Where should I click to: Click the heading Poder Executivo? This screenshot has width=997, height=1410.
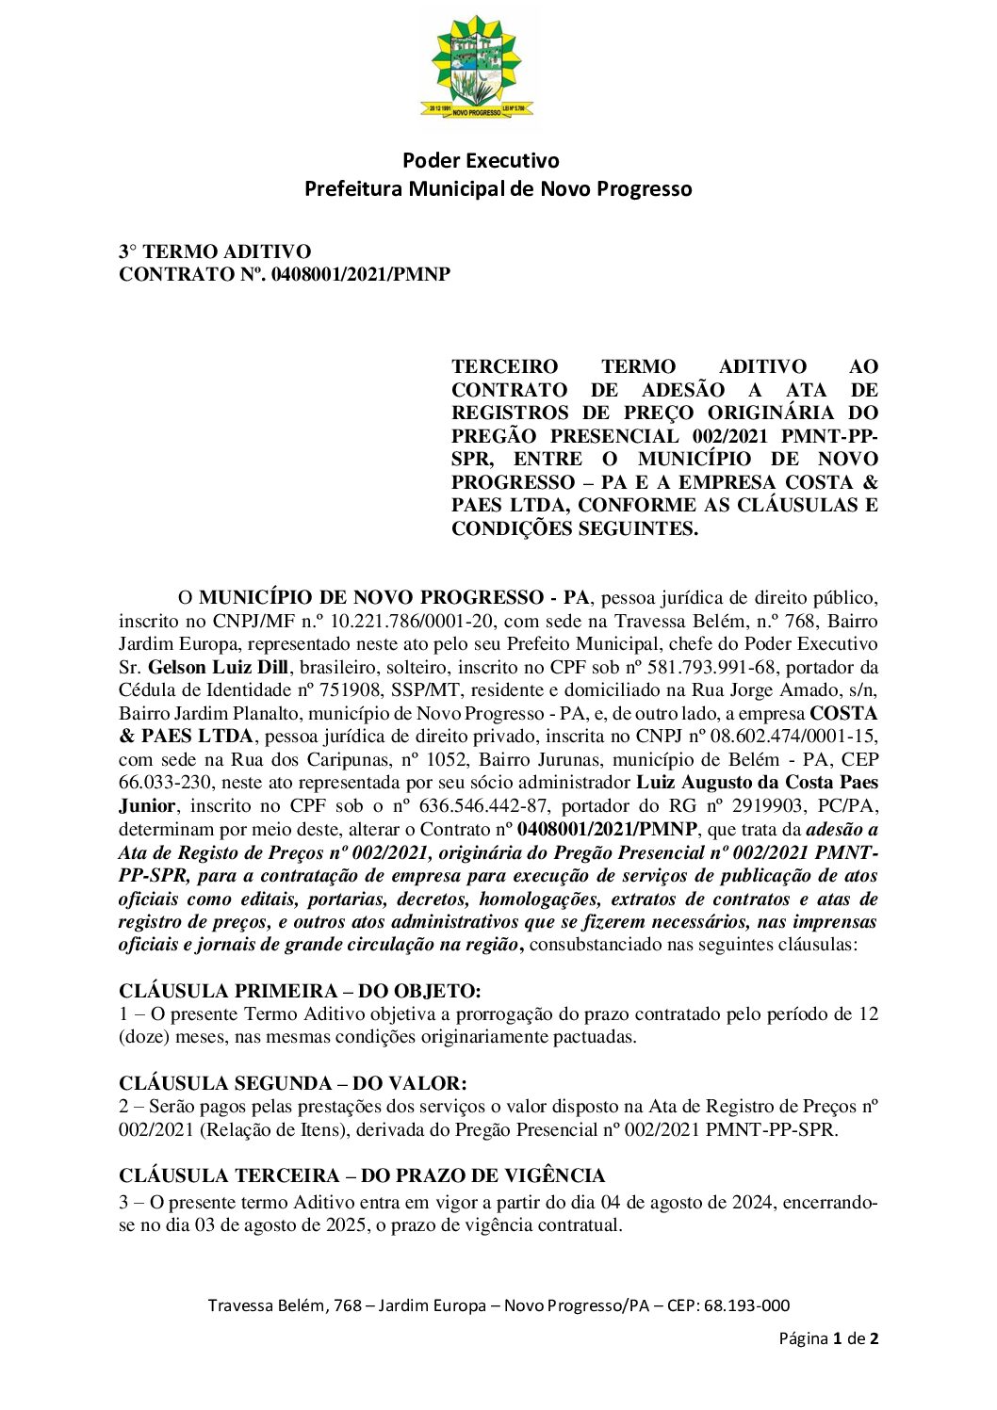[x=481, y=161]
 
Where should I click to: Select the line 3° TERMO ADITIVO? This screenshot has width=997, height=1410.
[x=215, y=251]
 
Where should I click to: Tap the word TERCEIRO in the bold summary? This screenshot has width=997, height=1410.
[x=504, y=366]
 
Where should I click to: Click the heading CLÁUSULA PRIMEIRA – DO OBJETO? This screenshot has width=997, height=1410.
[x=300, y=991]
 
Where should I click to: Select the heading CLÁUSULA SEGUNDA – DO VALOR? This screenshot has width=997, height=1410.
[x=293, y=1083]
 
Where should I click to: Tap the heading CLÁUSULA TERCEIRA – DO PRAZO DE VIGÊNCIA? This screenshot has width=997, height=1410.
[x=362, y=1175]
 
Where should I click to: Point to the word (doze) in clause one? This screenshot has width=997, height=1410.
[x=143, y=1037]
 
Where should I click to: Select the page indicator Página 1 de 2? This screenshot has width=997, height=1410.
[x=828, y=1338]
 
